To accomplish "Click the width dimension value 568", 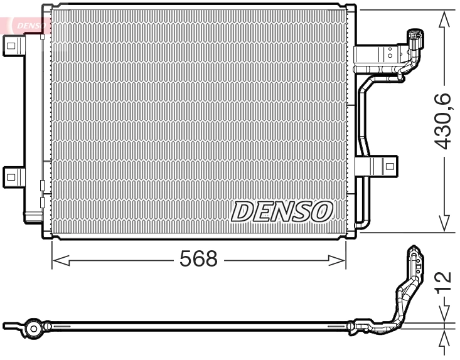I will click(x=199, y=259).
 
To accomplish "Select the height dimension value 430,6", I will click(x=443, y=120).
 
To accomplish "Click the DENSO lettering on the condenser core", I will click(x=281, y=211).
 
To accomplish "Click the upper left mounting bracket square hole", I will click(x=11, y=43).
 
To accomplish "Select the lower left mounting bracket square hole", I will click(x=11, y=176).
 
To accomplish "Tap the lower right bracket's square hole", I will click(x=390, y=167).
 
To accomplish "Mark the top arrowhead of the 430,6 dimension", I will click(x=444, y=19).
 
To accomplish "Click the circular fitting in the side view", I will click(x=33, y=328).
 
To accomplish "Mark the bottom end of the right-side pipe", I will click(x=361, y=224).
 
